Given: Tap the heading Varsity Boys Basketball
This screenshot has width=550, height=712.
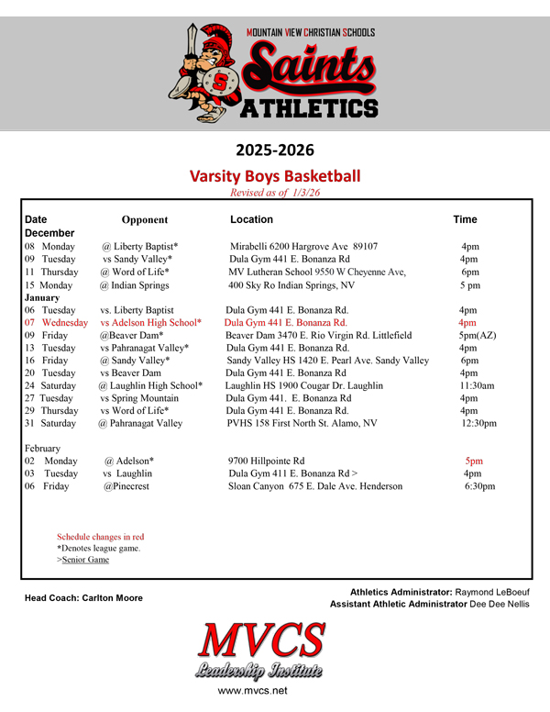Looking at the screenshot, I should click(274, 175).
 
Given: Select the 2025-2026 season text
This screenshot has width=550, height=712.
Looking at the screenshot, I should click(274, 148).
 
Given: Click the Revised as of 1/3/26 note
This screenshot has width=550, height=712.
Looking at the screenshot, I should click(275, 193).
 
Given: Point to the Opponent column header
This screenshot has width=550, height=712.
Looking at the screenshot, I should click(145, 220).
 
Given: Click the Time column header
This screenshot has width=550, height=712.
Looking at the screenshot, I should click(465, 220).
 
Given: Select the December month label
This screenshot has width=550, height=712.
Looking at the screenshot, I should click(49, 234).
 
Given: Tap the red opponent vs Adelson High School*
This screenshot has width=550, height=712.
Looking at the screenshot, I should click(151, 323).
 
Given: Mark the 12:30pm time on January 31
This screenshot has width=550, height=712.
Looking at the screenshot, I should click(478, 423).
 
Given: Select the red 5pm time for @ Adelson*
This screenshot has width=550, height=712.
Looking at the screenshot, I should click(474, 461).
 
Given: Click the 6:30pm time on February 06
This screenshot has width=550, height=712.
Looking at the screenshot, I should click(479, 486).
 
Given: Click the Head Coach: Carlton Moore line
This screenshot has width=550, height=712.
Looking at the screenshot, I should click(83, 598).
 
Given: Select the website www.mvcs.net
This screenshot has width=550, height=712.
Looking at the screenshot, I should click(253, 690).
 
